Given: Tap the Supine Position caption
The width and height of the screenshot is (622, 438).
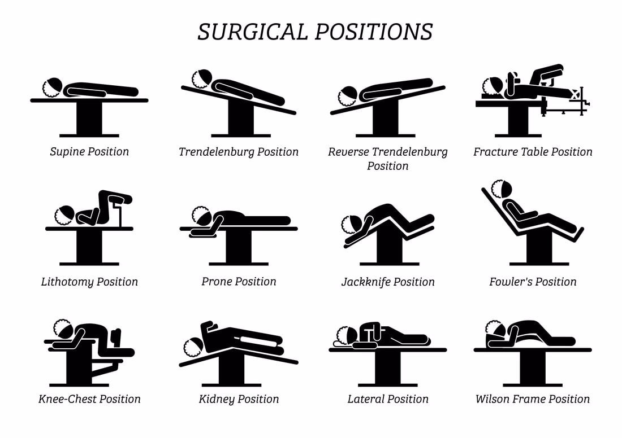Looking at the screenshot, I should [x=89, y=152].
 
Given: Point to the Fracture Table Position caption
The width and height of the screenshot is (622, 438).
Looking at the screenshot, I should [x=533, y=152].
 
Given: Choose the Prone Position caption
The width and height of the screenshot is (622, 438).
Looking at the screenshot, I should [x=239, y=281].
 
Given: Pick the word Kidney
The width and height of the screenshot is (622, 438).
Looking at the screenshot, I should [x=217, y=399].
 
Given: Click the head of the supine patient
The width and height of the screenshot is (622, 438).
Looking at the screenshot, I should [x=53, y=87].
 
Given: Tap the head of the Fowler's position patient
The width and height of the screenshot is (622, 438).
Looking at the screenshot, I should [x=502, y=190].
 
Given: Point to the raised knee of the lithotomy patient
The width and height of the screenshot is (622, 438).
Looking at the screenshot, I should [x=105, y=195].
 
